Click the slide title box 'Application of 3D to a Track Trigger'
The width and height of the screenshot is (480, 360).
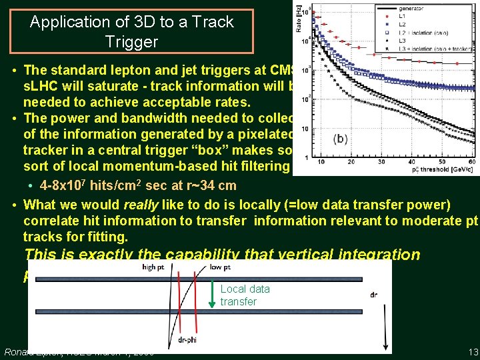point(131,31)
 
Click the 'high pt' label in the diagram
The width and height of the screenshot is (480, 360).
point(158,267)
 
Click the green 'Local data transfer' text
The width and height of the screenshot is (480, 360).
point(245,295)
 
